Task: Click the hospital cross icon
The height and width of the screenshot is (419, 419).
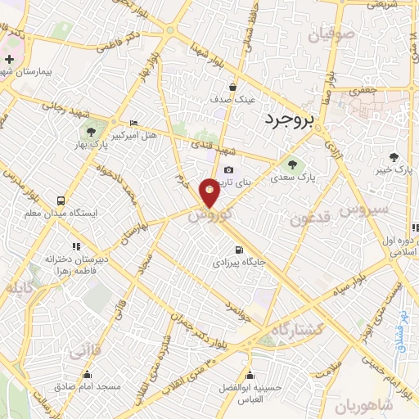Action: click(x=9, y=60)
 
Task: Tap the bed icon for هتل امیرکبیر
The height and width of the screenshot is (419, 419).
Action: click(x=134, y=123)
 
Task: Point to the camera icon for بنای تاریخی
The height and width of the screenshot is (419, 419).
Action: click(x=228, y=170)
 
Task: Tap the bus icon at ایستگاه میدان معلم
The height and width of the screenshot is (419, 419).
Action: click(x=61, y=200)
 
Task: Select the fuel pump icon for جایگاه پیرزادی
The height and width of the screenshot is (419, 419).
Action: click(x=238, y=250)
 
